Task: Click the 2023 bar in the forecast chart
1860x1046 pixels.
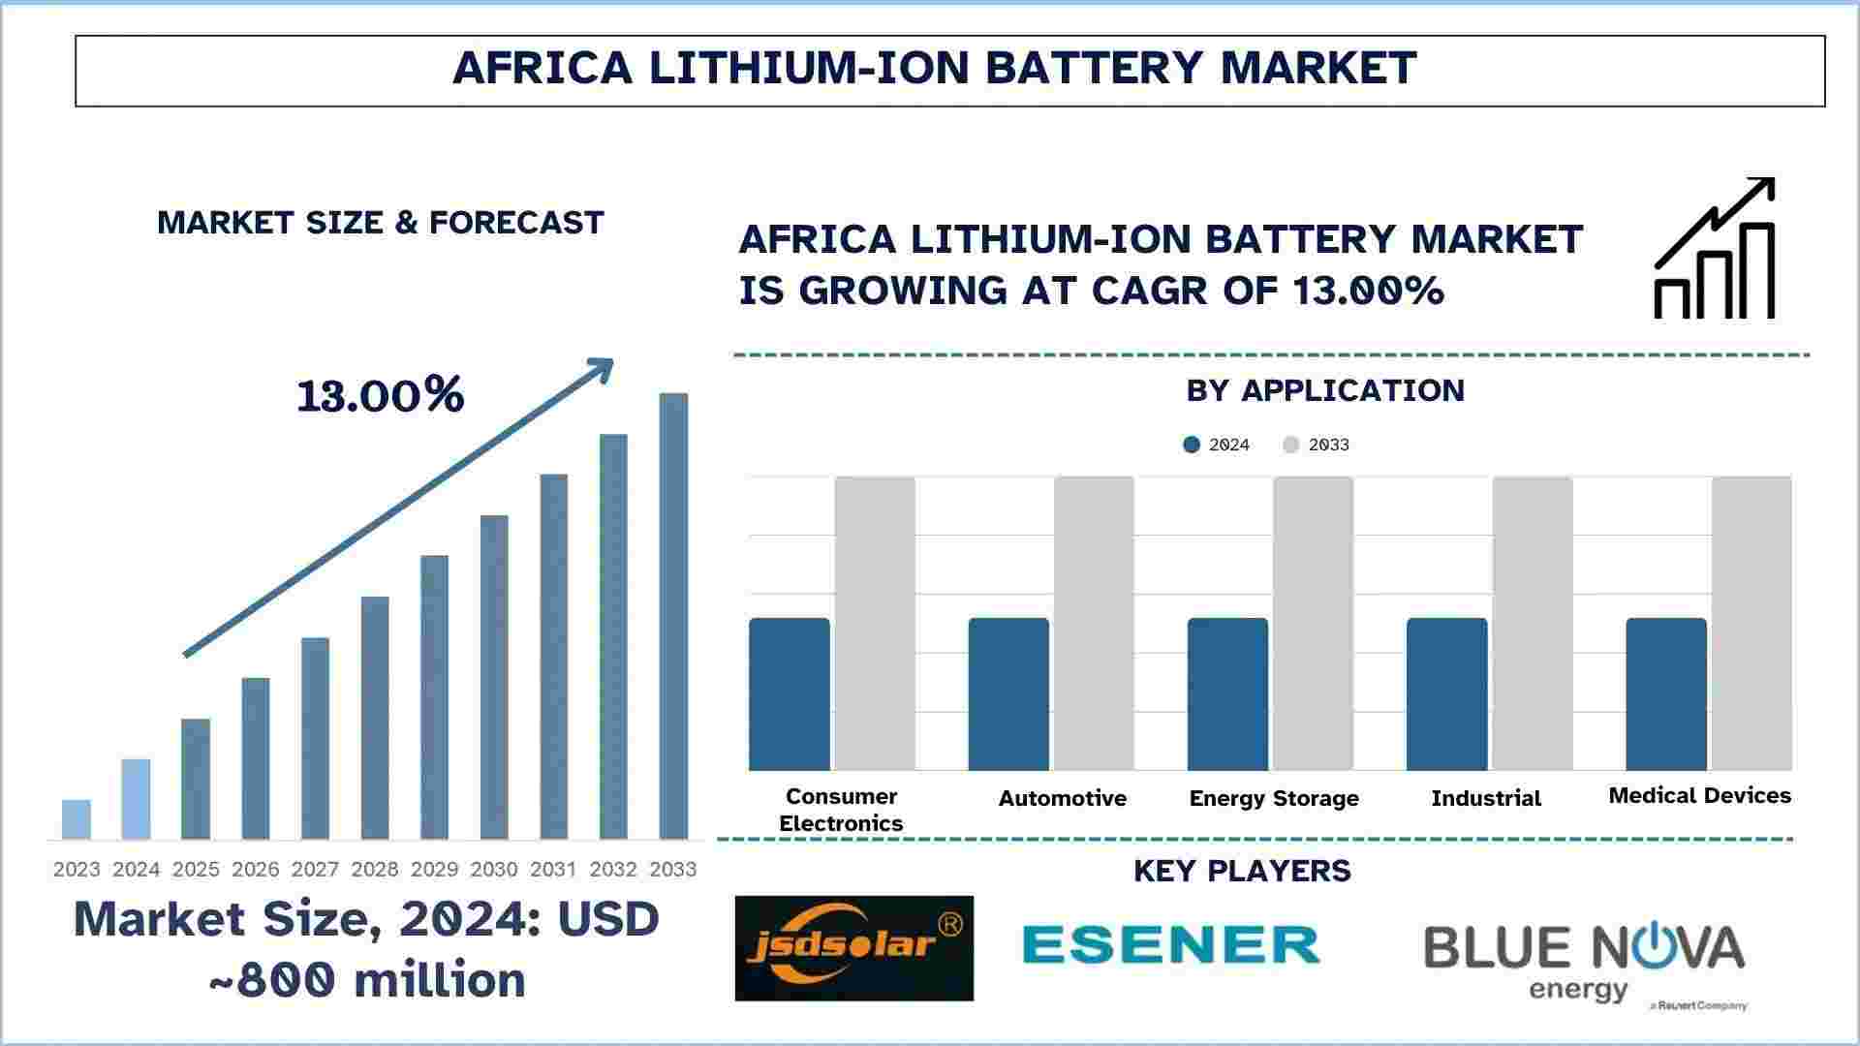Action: [x=77, y=819]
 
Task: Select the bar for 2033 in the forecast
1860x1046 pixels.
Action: [x=673, y=616]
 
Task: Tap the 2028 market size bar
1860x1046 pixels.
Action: [x=375, y=718]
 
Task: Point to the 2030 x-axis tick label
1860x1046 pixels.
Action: [x=494, y=870]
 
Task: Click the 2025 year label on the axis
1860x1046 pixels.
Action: [x=196, y=870]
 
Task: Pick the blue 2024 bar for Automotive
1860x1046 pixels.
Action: [x=1008, y=694]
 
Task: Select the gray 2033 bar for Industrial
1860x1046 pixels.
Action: [x=1533, y=624]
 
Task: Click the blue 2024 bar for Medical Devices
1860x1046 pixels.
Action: [x=1666, y=694]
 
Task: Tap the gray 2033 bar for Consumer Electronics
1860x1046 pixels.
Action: [x=875, y=624]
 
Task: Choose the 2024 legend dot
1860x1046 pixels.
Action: [x=1192, y=445]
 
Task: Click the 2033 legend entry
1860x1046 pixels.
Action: [x=1317, y=445]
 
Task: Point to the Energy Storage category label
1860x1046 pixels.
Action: [x=1274, y=798]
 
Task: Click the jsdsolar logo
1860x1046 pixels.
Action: [x=854, y=947]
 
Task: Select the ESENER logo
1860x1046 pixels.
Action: [x=1171, y=944]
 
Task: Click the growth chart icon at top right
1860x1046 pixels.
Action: [x=1714, y=249]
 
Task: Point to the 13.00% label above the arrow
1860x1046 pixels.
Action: [x=381, y=395]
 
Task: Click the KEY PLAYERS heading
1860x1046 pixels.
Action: [x=1242, y=871]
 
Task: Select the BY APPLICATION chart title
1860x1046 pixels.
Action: [x=1325, y=390]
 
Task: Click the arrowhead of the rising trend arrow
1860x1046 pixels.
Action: [x=603, y=368]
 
